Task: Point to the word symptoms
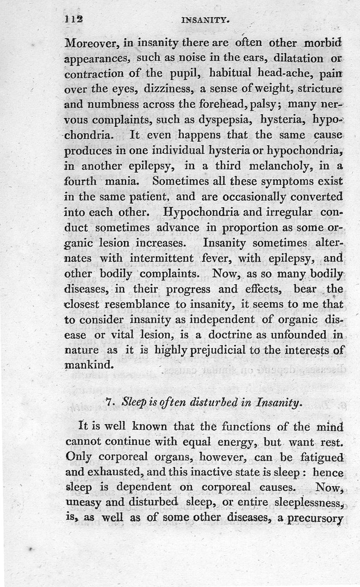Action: [294, 182]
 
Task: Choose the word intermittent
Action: [160, 258]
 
